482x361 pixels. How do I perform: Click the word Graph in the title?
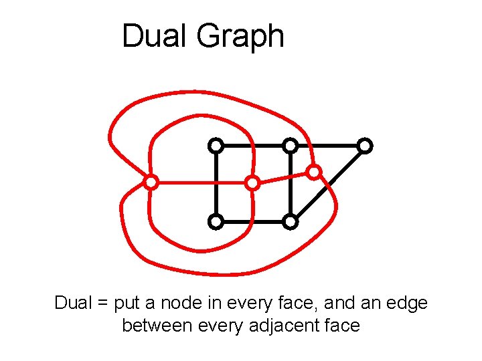[x=240, y=37]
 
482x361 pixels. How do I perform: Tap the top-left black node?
[x=215, y=145]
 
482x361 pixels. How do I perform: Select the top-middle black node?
[x=290, y=145]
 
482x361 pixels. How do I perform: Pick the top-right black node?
[x=364, y=145]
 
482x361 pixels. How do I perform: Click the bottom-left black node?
[x=215, y=221]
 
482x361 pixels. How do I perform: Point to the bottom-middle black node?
[x=290, y=221]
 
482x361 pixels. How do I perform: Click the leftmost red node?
[x=151, y=182]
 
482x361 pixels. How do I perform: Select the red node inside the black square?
[x=252, y=183]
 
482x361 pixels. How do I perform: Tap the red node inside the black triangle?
[x=314, y=172]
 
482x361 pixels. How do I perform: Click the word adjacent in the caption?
[x=282, y=326]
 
